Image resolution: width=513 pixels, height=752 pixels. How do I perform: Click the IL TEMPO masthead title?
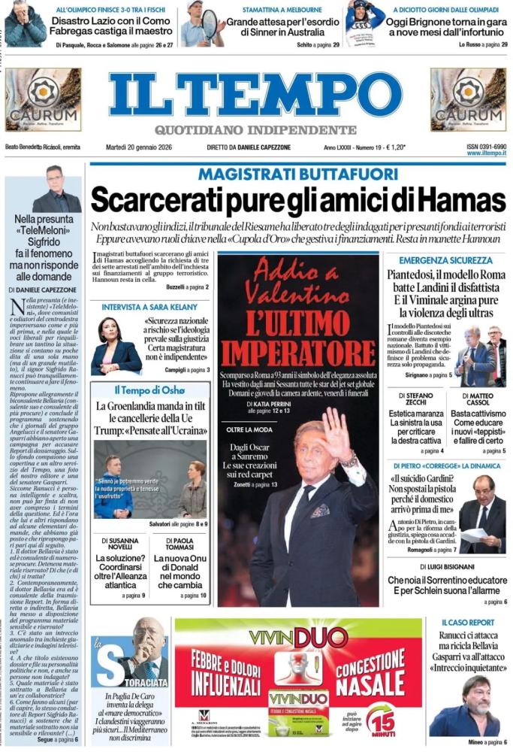[x=255, y=95]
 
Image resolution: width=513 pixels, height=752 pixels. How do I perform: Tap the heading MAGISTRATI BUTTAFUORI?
[x=297, y=174]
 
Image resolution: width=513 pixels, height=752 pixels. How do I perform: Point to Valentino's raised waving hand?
[x=337, y=437]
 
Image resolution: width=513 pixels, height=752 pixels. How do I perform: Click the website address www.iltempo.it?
[x=486, y=153]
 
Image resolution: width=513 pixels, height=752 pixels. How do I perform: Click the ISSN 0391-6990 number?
[x=486, y=147]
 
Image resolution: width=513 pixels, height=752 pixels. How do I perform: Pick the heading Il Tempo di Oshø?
[x=149, y=391]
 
